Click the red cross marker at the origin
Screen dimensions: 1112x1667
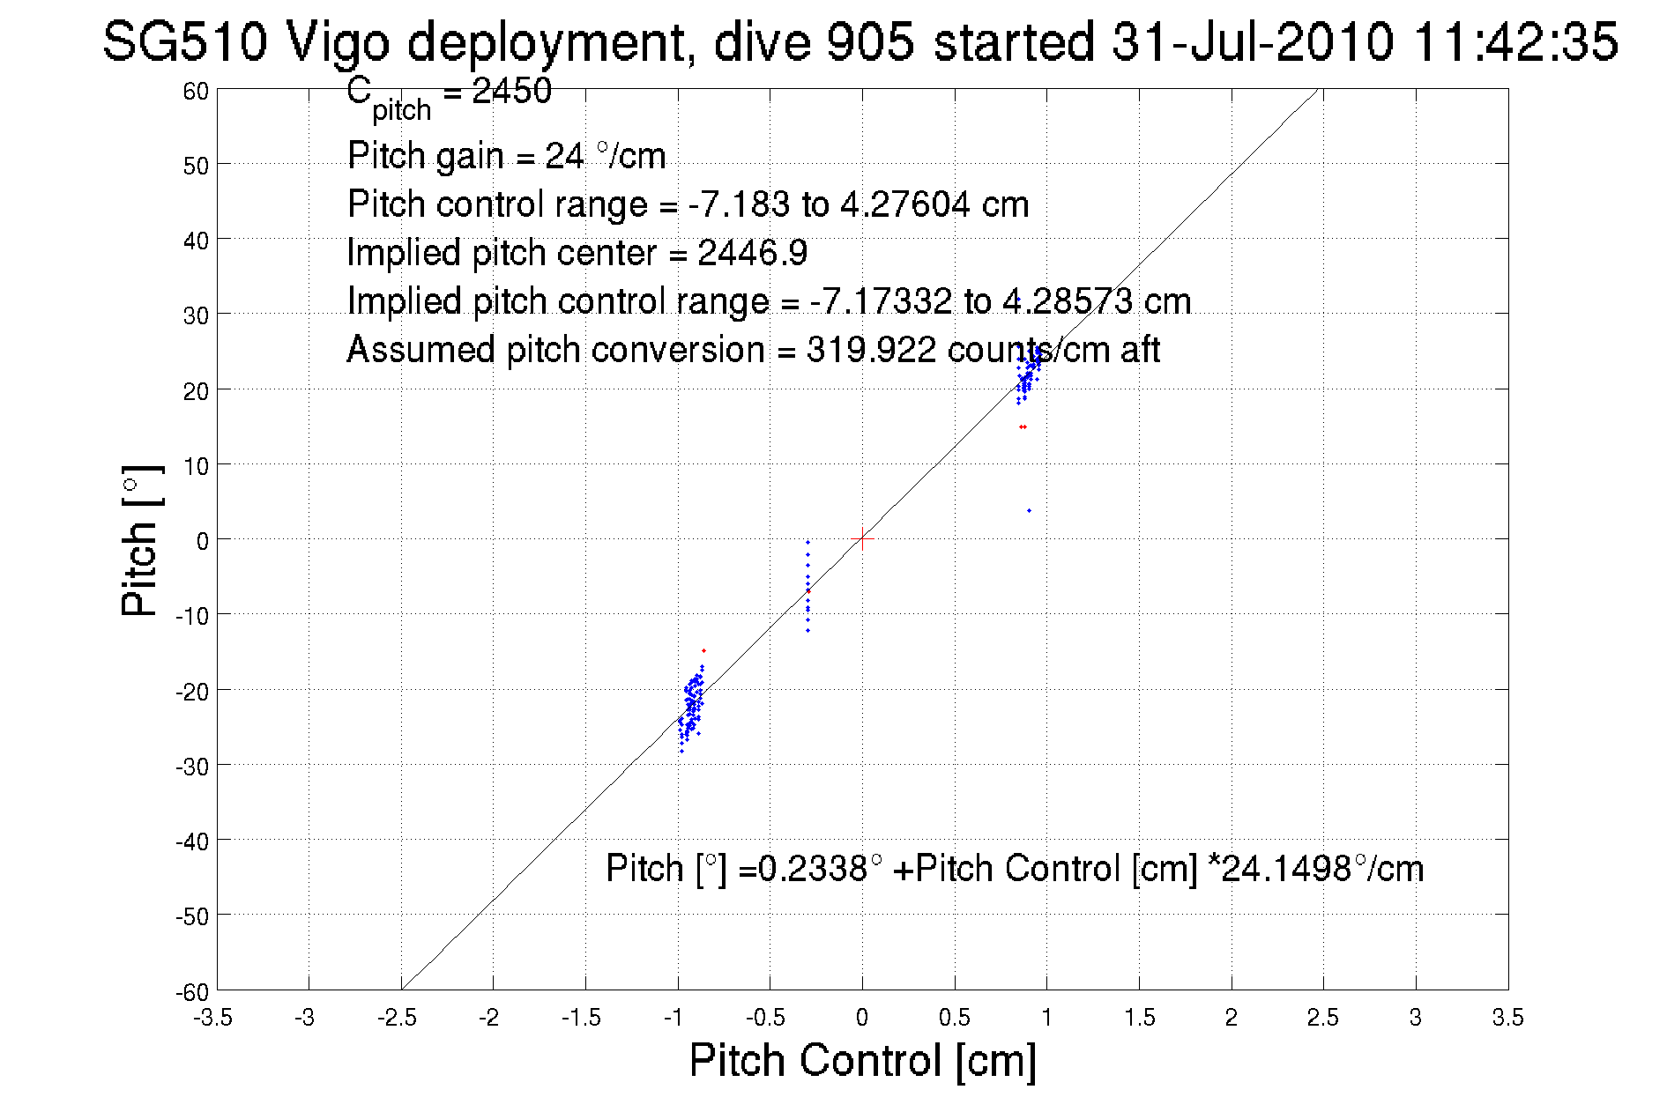pyautogui.click(x=862, y=538)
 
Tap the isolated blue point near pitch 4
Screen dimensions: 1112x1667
pyautogui.click(x=1029, y=511)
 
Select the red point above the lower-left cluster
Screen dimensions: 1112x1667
pyautogui.click(x=703, y=650)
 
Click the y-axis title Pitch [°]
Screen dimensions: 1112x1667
pyautogui.click(x=141, y=540)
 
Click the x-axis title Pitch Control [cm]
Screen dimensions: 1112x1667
pyautogui.click(x=862, y=1060)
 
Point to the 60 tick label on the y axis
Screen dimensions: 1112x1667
pyautogui.click(x=196, y=92)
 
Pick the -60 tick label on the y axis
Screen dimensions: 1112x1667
pyautogui.click(x=191, y=992)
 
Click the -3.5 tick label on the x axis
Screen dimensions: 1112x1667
pyautogui.click(x=213, y=1018)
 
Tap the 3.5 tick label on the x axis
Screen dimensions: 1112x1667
pyautogui.click(x=1507, y=1018)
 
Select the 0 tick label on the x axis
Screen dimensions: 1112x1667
pyautogui.click(x=862, y=1018)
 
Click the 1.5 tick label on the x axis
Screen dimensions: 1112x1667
pyautogui.click(x=1139, y=1018)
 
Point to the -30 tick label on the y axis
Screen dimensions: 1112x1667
pyautogui.click(x=191, y=767)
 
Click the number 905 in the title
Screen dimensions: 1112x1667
pyautogui.click(x=869, y=41)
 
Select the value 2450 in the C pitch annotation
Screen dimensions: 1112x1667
pyautogui.click(x=511, y=91)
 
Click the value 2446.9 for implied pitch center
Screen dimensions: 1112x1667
pyautogui.click(x=752, y=253)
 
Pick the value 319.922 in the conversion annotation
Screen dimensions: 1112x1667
pyautogui.click(x=870, y=350)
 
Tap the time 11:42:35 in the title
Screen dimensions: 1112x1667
pyautogui.click(x=1515, y=41)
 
